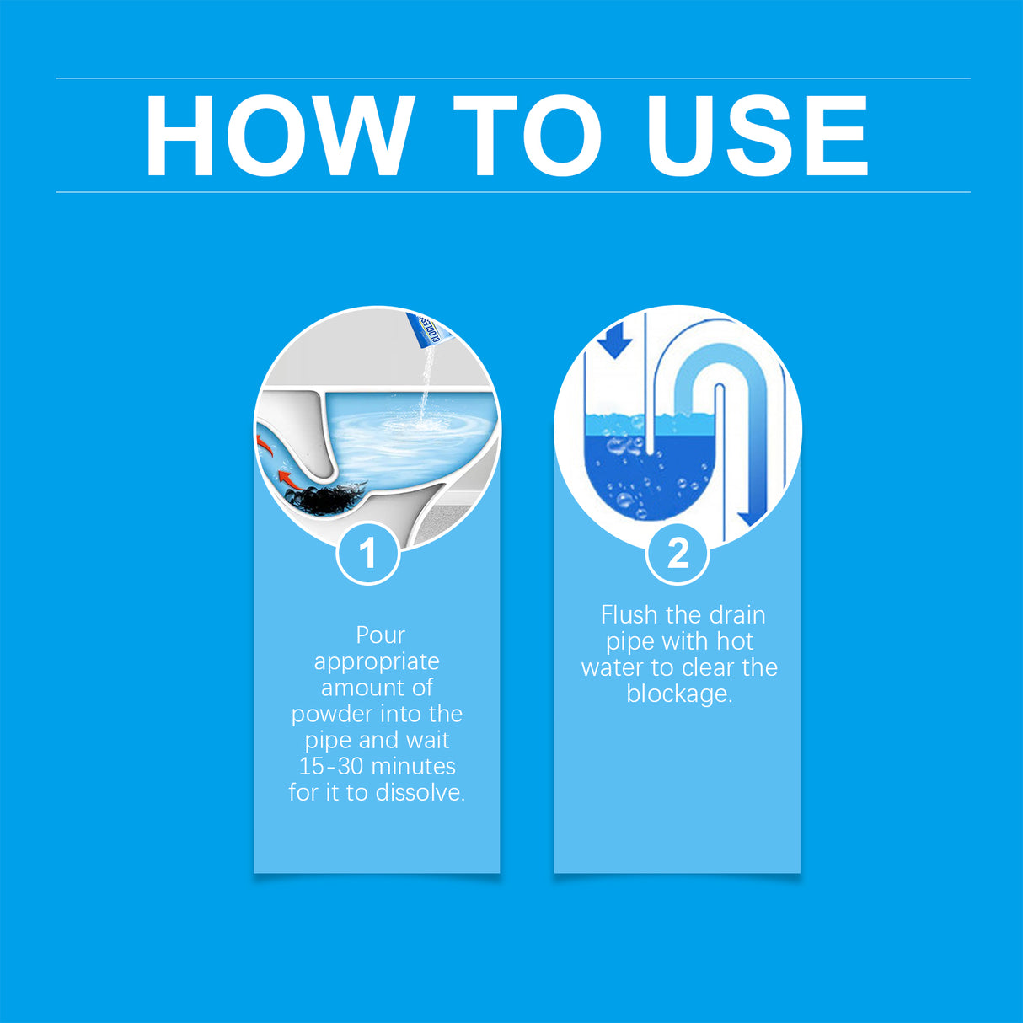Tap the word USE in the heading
pyautogui.click(x=756, y=136)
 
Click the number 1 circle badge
pyautogui.click(x=367, y=554)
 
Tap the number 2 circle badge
pyautogui.click(x=678, y=554)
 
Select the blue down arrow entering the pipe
pyautogui.click(x=615, y=340)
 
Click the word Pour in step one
pyautogui.click(x=380, y=635)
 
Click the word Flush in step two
pyautogui.click(x=629, y=615)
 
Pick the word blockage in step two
pyautogui.click(x=678, y=694)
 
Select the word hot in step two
pyautogui.click(x=734, y=642)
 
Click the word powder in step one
pyautogui.click(x=330, y=715)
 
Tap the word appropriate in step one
pyautogui.click(x=377, y=662)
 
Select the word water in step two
pyautogui.click(x=613, y=668)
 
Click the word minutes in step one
pyautogui.click(x=413, y=767)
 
